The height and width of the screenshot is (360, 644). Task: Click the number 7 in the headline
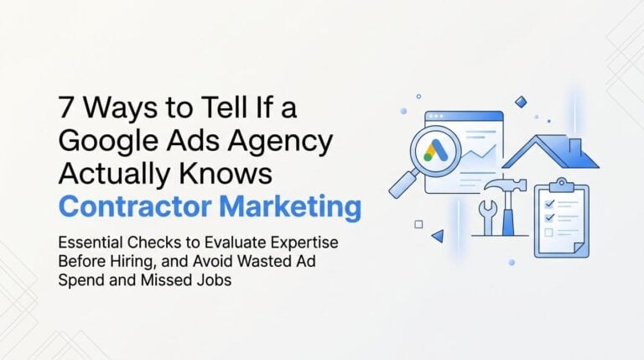tap(66, 107)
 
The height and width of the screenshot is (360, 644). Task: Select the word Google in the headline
tap(108, 141)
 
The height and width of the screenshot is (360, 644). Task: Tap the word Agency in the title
tap(280, 141)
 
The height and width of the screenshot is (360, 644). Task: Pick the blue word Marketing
tap(290, 206)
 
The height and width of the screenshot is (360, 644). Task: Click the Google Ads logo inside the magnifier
tap(435, 151)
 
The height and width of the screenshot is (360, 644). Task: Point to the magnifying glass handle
tap(404, 184)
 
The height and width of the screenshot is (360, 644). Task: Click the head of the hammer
tap(506, 185)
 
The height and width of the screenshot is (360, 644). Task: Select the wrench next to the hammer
tap(487, 217)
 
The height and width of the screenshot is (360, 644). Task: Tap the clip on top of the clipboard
tap(561, 185)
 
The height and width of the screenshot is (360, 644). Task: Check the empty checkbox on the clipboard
tap(548, 232)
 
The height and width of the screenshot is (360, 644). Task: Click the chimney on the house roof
tap(575, 146)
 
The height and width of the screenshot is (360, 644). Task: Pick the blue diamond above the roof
tap(521, 102)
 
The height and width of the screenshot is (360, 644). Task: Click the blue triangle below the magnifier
tap(438, 236)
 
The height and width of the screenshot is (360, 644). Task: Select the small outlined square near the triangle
tap(418, 224)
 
